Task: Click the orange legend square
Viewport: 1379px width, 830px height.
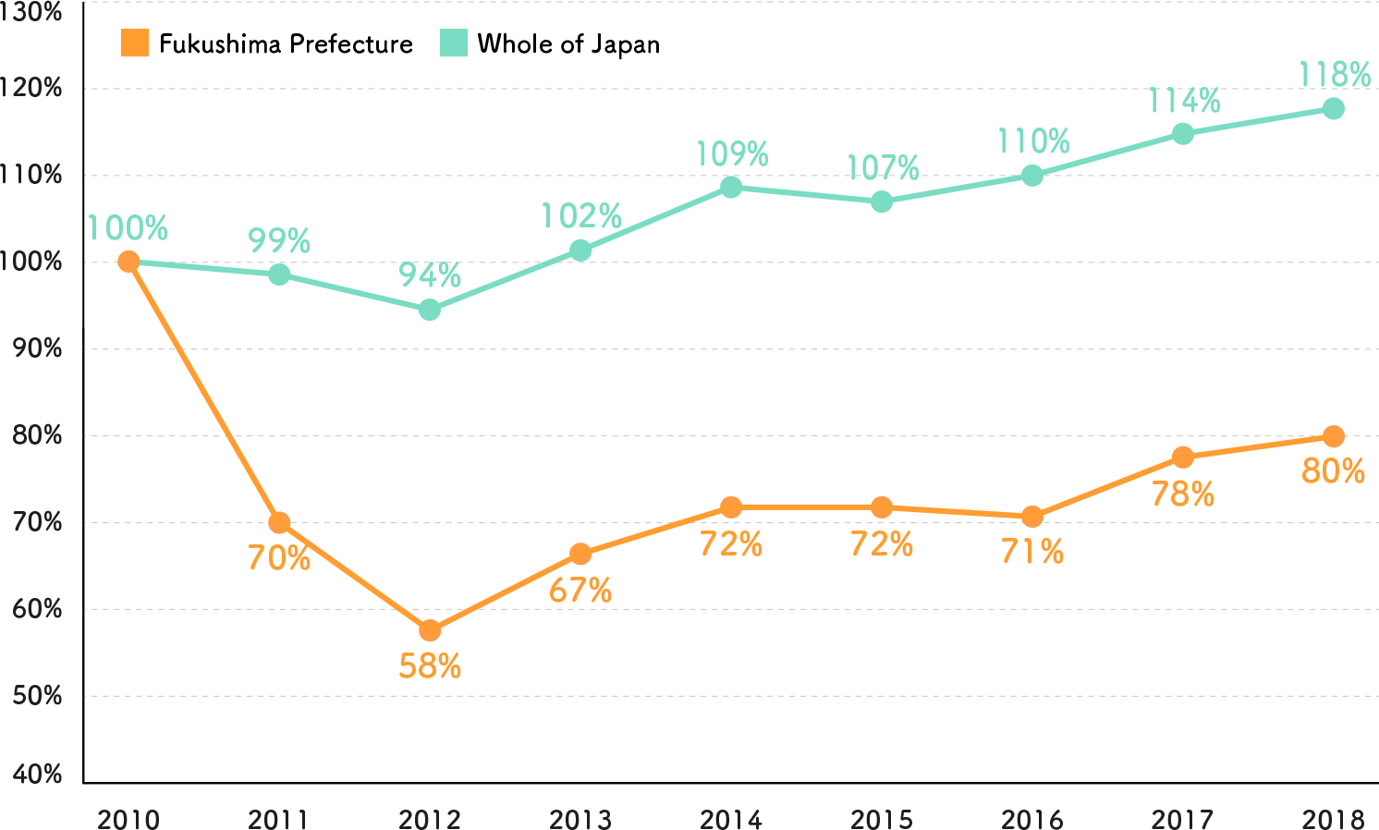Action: pos(135,43)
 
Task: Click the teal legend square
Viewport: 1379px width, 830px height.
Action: pos(453,43)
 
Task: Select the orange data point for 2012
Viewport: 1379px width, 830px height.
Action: pos(430,631)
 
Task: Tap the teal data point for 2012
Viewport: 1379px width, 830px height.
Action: pos(430,310)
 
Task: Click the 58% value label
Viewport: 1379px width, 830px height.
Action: pos(430,666)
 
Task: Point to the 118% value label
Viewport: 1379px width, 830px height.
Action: pos(1334,75)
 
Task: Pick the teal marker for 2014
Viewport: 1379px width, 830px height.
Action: pos(731,187)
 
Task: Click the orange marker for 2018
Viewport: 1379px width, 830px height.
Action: pos(1333,436)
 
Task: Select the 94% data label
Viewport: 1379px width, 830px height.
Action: pos(430,275)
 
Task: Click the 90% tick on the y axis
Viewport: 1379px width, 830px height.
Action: pos(37,348)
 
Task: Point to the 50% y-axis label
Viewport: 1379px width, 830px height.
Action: pos(37,695)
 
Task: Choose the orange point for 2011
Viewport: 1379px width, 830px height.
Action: pos(279,523)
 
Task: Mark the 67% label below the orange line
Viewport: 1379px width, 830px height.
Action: pos(580,591)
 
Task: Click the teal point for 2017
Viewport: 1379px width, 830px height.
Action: pos(1183,134)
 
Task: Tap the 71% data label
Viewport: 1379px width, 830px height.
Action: pos(1032,552)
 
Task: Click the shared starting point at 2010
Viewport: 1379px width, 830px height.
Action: pos(129,262)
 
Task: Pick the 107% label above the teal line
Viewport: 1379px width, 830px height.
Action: pos(883,168)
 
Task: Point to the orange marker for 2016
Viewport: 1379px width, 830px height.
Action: pos(1032,517)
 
